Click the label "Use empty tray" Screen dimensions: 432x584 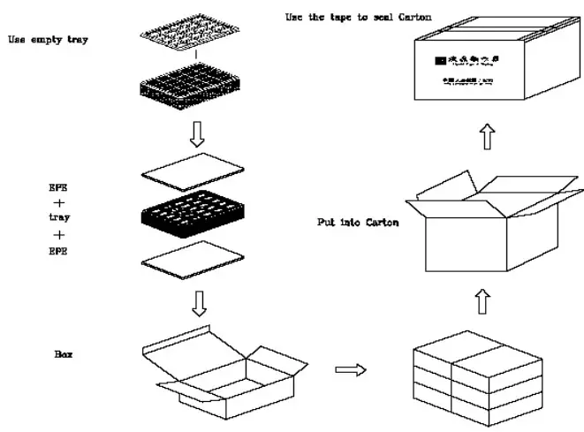click(48, 40)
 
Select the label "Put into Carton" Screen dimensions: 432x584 click(357, 223)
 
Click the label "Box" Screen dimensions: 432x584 click(63, 354)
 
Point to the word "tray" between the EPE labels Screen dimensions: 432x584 click(60, 217)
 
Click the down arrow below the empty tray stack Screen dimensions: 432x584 click(197, 132)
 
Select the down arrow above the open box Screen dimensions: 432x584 click(199, 302)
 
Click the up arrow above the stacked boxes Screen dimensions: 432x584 click(482, 302)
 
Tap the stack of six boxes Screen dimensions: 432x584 click(477, 376)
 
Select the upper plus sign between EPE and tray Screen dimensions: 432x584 click(60, 202)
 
